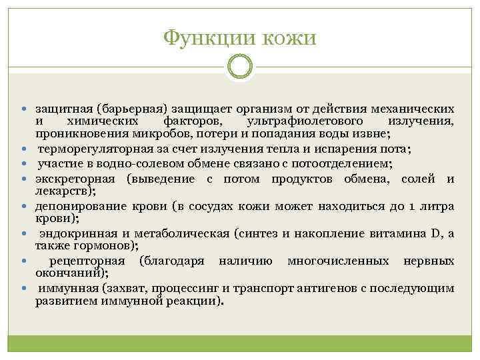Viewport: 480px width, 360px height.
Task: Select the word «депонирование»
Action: click(x=79, y=207)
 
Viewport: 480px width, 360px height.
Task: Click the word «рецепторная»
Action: click(x=85, y=261)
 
